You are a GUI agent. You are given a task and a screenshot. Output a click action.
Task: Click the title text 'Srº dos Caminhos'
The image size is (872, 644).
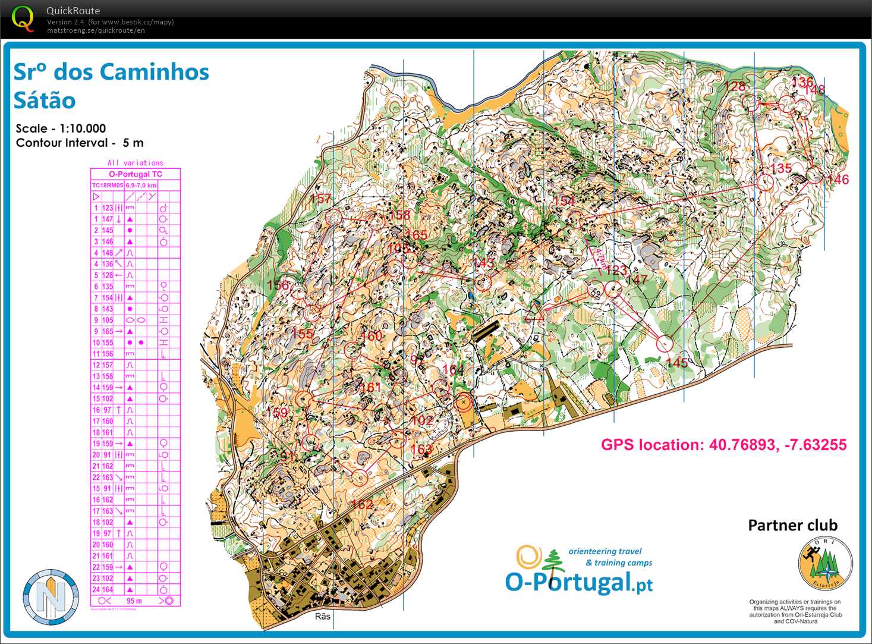(111, 72)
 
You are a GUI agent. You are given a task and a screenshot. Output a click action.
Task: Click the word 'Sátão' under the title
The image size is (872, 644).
(45, 100)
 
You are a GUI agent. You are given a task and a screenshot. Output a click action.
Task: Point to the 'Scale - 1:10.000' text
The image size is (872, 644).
(61, 128)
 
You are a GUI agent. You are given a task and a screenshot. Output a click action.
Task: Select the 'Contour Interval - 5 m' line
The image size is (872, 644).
(80, 143)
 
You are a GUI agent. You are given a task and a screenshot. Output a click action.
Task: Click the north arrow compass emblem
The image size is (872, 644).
(51, 597)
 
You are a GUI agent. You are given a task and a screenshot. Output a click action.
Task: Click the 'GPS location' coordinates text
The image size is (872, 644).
(723, 445)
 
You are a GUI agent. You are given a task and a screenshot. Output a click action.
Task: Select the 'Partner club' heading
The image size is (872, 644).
(792, 526)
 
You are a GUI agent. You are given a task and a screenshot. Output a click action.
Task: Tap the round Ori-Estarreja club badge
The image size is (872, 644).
(825, 564)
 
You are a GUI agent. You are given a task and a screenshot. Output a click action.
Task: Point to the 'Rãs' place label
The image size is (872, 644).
(322, 617)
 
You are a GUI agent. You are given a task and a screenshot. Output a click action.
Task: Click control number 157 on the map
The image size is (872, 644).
(320, 199)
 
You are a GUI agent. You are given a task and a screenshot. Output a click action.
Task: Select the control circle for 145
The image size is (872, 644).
(665, 343)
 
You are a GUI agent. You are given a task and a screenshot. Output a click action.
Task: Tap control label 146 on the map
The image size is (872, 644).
(838, 180)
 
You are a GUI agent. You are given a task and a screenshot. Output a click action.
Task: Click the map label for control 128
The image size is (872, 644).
(734, 87)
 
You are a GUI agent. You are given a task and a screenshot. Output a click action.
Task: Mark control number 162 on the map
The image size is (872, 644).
(361, 504)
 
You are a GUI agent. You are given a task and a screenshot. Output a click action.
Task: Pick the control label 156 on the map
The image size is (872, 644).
(278, 285)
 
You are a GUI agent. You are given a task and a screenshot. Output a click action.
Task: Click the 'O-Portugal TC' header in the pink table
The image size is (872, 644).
(135, 174)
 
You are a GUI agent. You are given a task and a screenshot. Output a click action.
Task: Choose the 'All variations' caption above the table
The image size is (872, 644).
(135, 163)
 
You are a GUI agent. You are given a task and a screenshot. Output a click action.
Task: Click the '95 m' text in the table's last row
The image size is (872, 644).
(134, 601)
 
